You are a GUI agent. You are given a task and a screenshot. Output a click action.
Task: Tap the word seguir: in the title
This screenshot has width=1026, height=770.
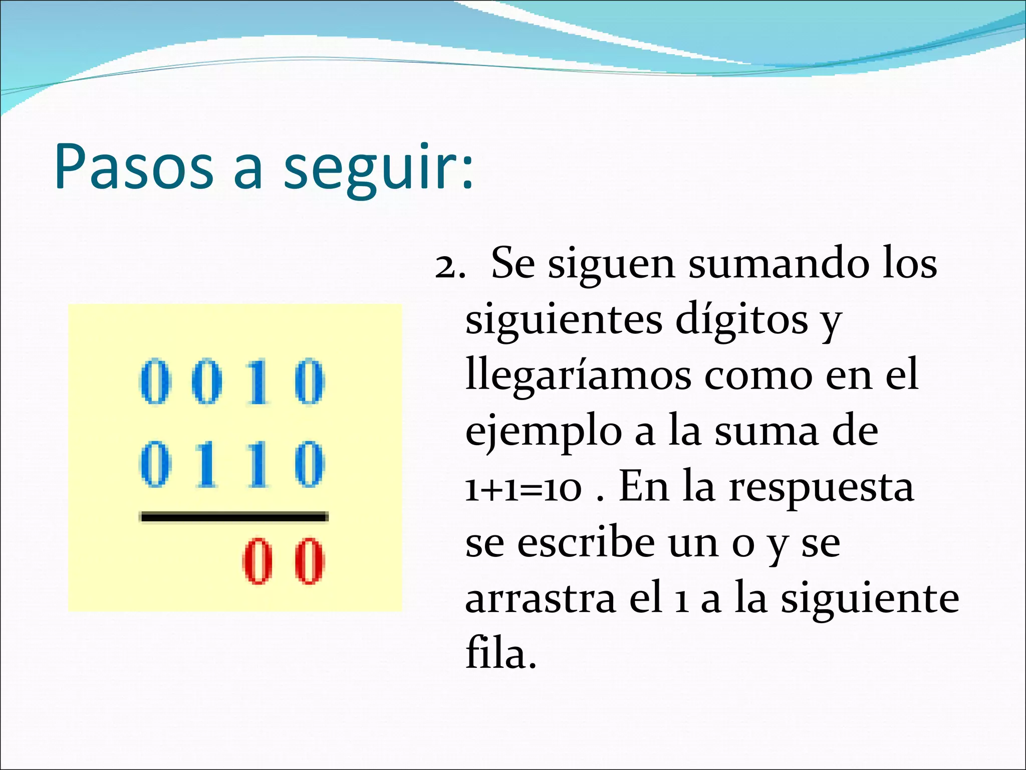378,168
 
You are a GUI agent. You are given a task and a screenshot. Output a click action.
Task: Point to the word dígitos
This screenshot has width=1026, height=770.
741,319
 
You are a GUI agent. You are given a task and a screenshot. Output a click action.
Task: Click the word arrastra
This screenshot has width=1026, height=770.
541,599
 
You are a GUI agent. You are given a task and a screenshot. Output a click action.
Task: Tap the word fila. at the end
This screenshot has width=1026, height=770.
500,654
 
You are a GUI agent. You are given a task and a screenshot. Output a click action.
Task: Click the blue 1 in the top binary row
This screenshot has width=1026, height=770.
258,382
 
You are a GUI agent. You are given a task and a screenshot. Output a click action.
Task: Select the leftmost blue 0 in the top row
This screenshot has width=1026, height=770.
154,382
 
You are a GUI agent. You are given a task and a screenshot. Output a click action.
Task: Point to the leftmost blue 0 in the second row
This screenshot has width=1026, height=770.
154,464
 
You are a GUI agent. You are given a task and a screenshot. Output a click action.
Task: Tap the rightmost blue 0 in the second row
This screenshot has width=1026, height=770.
309,464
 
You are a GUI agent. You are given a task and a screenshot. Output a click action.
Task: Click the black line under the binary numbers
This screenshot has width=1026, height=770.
234,517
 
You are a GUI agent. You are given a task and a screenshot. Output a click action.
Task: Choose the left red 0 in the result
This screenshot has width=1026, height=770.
258,561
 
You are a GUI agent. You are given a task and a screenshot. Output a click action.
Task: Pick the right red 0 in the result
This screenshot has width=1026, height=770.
309,561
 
